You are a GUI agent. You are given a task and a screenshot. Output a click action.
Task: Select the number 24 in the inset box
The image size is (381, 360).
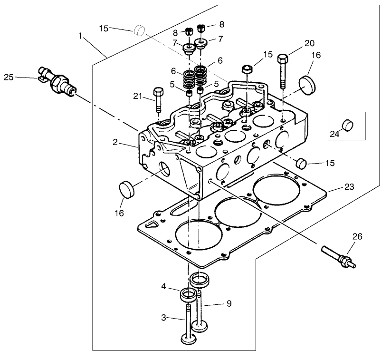[x=335, y=135]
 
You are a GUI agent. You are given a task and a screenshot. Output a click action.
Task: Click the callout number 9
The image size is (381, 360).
[x=229, y=303]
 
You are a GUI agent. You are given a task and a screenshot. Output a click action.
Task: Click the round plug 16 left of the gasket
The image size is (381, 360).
[x=126, y=189]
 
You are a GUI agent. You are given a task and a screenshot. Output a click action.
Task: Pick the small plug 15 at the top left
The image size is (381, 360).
[x=139, y=30]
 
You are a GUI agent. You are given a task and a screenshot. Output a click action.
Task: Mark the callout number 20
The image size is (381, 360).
[x=309, y=43]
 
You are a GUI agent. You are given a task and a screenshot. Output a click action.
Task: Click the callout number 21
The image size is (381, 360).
[x=138, y=97]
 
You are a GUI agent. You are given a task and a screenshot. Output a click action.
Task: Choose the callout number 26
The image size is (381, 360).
[x=357, y=236]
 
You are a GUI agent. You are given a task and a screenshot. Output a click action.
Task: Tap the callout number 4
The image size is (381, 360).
[x=163, y=287]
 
